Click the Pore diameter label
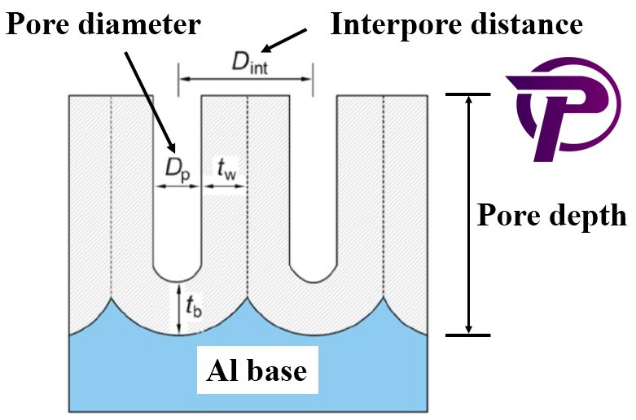(x=103, y=24)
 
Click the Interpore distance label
(x=456, y=24)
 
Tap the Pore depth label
(x=551, y=217)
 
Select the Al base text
(x=255, y=371)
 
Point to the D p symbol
(x=178, y=169)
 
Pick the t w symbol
(x=226, y=169)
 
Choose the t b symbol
(x=193, y=307)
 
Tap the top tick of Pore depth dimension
(x=467, y=94)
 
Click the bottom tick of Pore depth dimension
(x=467, y=335)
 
